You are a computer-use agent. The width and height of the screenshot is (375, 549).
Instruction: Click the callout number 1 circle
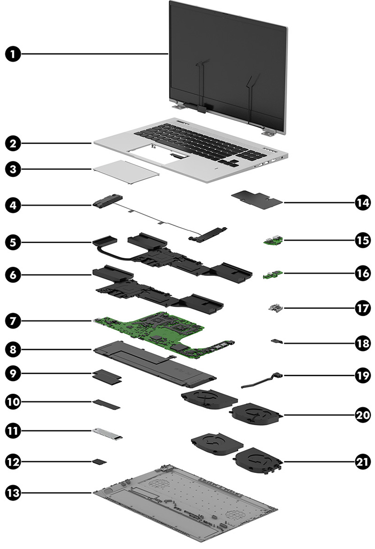click(13, 54)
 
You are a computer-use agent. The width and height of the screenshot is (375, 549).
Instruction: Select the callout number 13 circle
click(13, 492)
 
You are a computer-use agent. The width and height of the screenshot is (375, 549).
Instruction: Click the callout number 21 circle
click(361, 461)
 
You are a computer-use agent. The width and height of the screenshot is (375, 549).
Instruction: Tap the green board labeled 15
click(271, 242)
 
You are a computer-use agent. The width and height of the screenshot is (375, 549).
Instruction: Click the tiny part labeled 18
click(276, 342)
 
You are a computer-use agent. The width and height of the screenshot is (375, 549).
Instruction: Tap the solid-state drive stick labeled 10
click(107, 404)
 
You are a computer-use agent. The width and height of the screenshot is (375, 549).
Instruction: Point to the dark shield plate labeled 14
click(257, 199)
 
